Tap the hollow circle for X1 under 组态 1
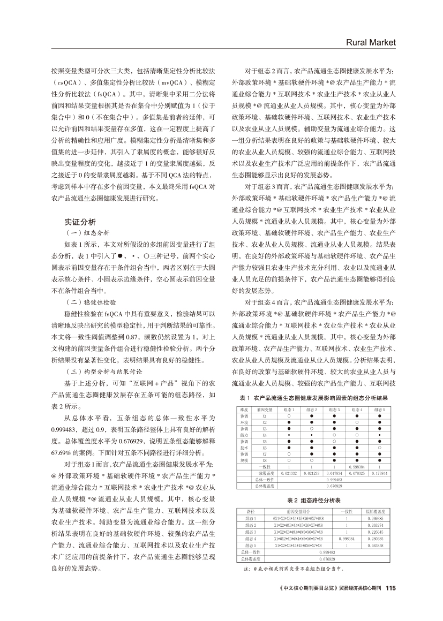[x=289, y=416]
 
